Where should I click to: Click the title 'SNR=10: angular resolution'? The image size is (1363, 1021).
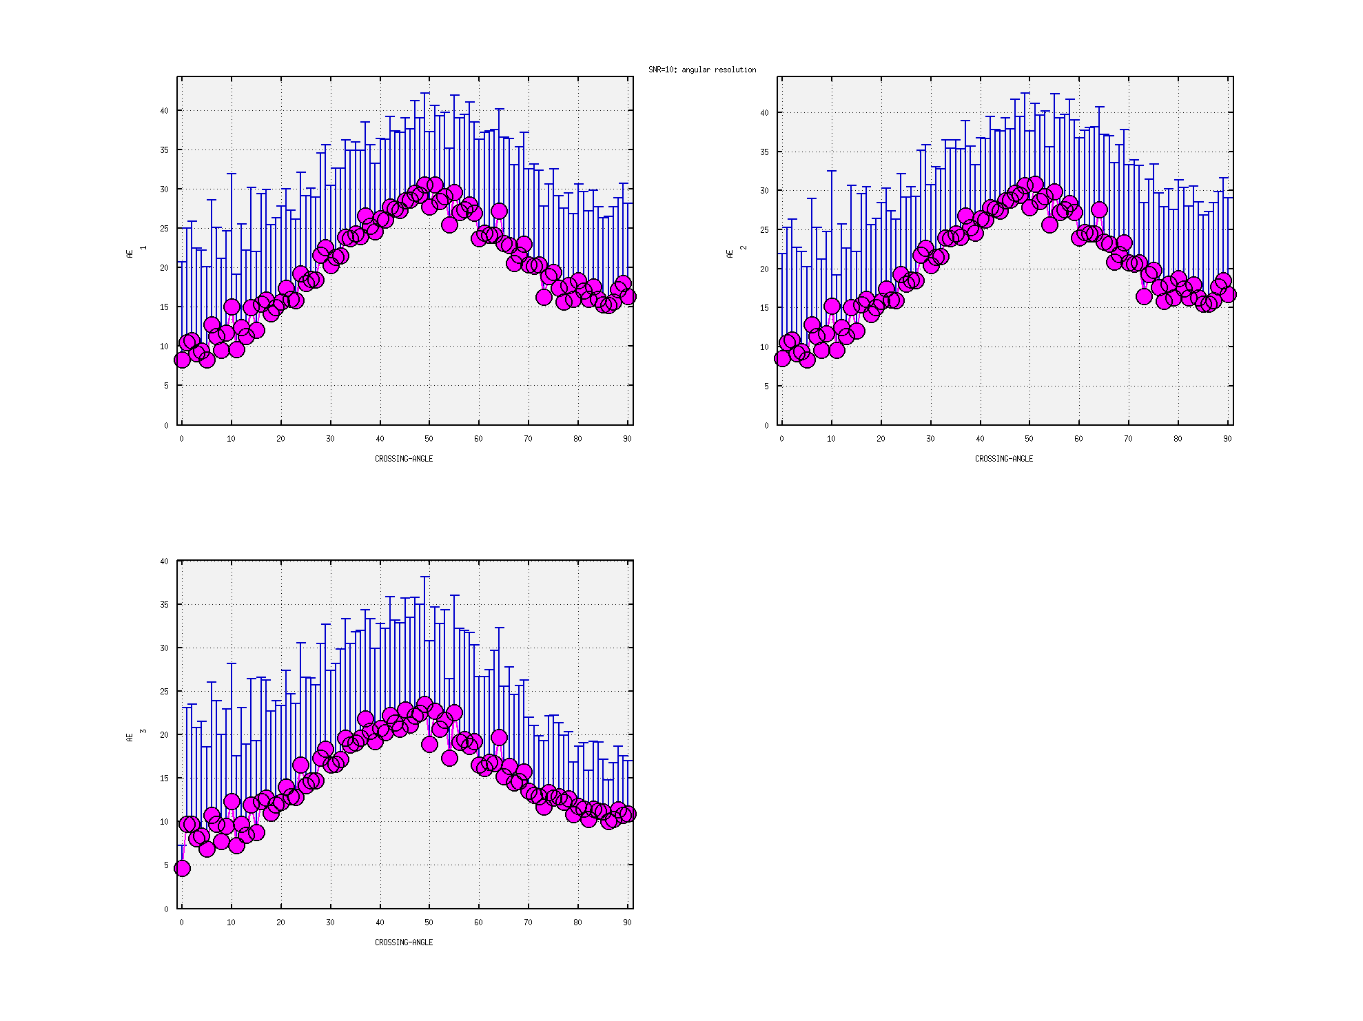click(701, 70)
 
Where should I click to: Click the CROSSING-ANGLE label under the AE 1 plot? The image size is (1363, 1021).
click(404, 459)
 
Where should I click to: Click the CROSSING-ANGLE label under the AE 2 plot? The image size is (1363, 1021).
click(1003, 459)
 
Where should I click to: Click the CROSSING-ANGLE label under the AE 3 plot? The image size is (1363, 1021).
click(404, 942)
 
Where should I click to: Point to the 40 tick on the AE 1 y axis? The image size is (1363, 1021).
click(164, 111)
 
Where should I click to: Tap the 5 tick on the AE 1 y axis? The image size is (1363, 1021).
click(166, 386)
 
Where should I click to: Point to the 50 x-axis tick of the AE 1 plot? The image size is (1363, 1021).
click(429, 439)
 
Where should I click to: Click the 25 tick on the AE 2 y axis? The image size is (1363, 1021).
click(764, 230)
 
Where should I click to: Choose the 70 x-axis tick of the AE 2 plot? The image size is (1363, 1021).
click(1128, 439)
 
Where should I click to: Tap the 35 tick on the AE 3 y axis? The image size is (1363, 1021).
click(164, 605)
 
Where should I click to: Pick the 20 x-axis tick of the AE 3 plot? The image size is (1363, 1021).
click(280, 922)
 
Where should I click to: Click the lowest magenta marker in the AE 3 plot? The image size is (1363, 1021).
click(182, 868)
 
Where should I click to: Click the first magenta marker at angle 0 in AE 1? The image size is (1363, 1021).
click(182, 360)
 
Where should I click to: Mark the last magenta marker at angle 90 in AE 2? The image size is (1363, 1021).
click(1227, 294)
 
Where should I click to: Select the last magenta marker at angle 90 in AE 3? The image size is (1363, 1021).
click(627, 814)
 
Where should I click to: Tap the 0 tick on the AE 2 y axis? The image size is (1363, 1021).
click(766, 425)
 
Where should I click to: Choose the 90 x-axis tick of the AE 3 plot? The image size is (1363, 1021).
click(627, 922)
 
